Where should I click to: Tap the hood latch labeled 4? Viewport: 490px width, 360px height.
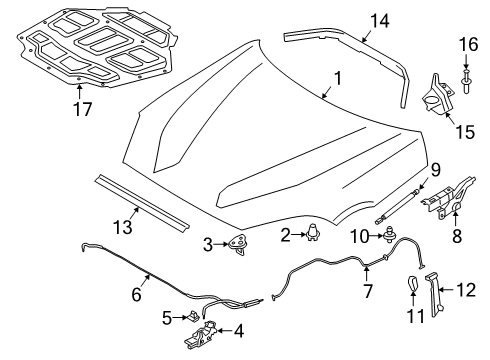[x=211, y=331]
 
